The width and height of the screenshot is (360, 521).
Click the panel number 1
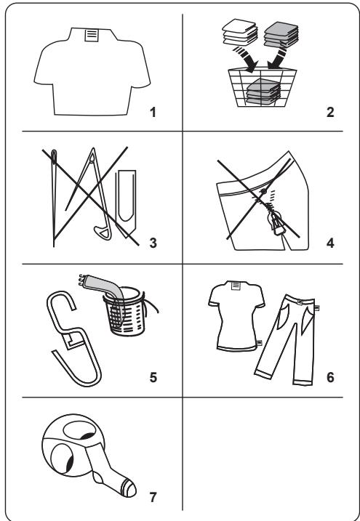[x=153, y=113]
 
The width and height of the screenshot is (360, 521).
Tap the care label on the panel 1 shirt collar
[x=92, y=35]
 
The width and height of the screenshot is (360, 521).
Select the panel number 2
[x=329, y=113]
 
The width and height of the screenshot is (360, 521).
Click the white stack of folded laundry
[x=240, y=32]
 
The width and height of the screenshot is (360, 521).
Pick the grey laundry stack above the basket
[x=281, y=35]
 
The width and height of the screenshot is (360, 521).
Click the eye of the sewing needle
[x=54, y=156]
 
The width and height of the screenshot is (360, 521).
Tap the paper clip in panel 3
[x=125, y=203]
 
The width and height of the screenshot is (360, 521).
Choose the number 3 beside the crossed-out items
[x=153, y=243]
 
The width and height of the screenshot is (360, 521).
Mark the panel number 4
[x=330, y=243]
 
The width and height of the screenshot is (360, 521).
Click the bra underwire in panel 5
[x=73, y=339]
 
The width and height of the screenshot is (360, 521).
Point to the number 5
[x=153, y=377]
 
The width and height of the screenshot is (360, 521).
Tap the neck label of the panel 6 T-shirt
[x=236, y=286]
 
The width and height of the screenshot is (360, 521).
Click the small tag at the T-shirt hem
[x=260, y=342]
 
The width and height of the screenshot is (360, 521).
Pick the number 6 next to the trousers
[x=330, y=377]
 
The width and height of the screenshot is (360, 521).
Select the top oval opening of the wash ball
[x=79, y=431]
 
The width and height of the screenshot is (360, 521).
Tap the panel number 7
[x=153, y=497]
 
